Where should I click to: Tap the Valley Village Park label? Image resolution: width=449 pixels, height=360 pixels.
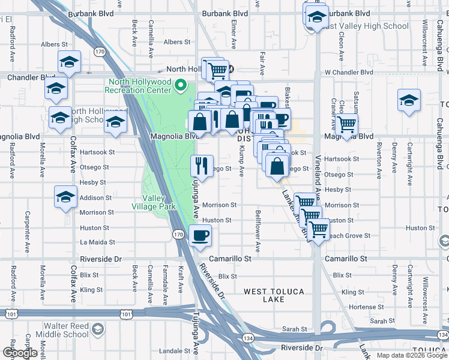[154, 203]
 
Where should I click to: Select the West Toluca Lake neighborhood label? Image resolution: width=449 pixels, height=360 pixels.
[274, 296]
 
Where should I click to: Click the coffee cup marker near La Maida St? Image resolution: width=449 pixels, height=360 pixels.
[200, 235]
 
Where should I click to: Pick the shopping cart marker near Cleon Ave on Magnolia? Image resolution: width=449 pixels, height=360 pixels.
[346, 125]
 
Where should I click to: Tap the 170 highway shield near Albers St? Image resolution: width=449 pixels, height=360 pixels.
[100, 53]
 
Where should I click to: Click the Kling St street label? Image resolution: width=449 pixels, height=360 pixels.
[91, 290]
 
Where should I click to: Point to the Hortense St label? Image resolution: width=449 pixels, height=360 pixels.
[362, 307]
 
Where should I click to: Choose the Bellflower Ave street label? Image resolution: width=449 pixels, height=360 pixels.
[258, 230]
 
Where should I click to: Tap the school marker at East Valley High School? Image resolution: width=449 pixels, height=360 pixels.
[316, 16]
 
